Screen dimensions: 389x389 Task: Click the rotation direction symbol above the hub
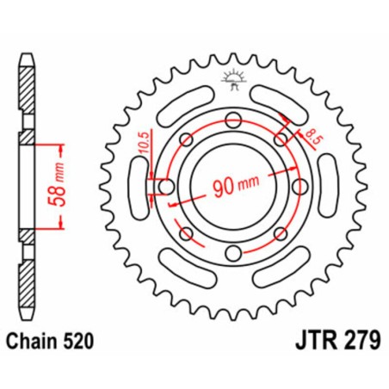[x=230, y=83]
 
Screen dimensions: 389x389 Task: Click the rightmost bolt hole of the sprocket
[x=299, y=188]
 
